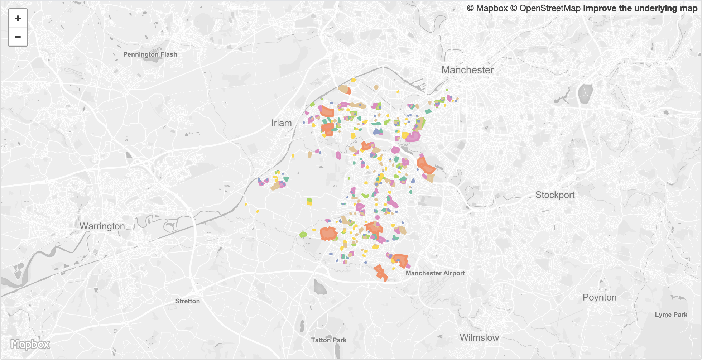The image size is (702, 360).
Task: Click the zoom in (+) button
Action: coord(18,18)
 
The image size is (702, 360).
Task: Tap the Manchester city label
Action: coord(467,70)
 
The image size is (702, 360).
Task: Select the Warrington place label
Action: coord(102,226)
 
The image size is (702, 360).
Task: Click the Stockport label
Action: coord(555,195)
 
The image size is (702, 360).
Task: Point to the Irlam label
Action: coord(282,123)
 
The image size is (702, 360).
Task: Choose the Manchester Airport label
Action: coord(435,273)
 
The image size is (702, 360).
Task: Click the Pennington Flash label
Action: coord(150,54)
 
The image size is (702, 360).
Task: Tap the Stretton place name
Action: coord(187,301)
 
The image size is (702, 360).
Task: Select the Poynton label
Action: coord(600,298)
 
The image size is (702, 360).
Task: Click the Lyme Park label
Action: coord(671,315)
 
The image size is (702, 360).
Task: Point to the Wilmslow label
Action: coord(479,338)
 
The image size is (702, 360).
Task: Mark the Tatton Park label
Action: coord(328,340)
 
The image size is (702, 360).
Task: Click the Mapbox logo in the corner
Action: coord(30,345)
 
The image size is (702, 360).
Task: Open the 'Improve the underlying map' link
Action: coord(640,8)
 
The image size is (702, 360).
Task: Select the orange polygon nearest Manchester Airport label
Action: coord(401,260)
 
